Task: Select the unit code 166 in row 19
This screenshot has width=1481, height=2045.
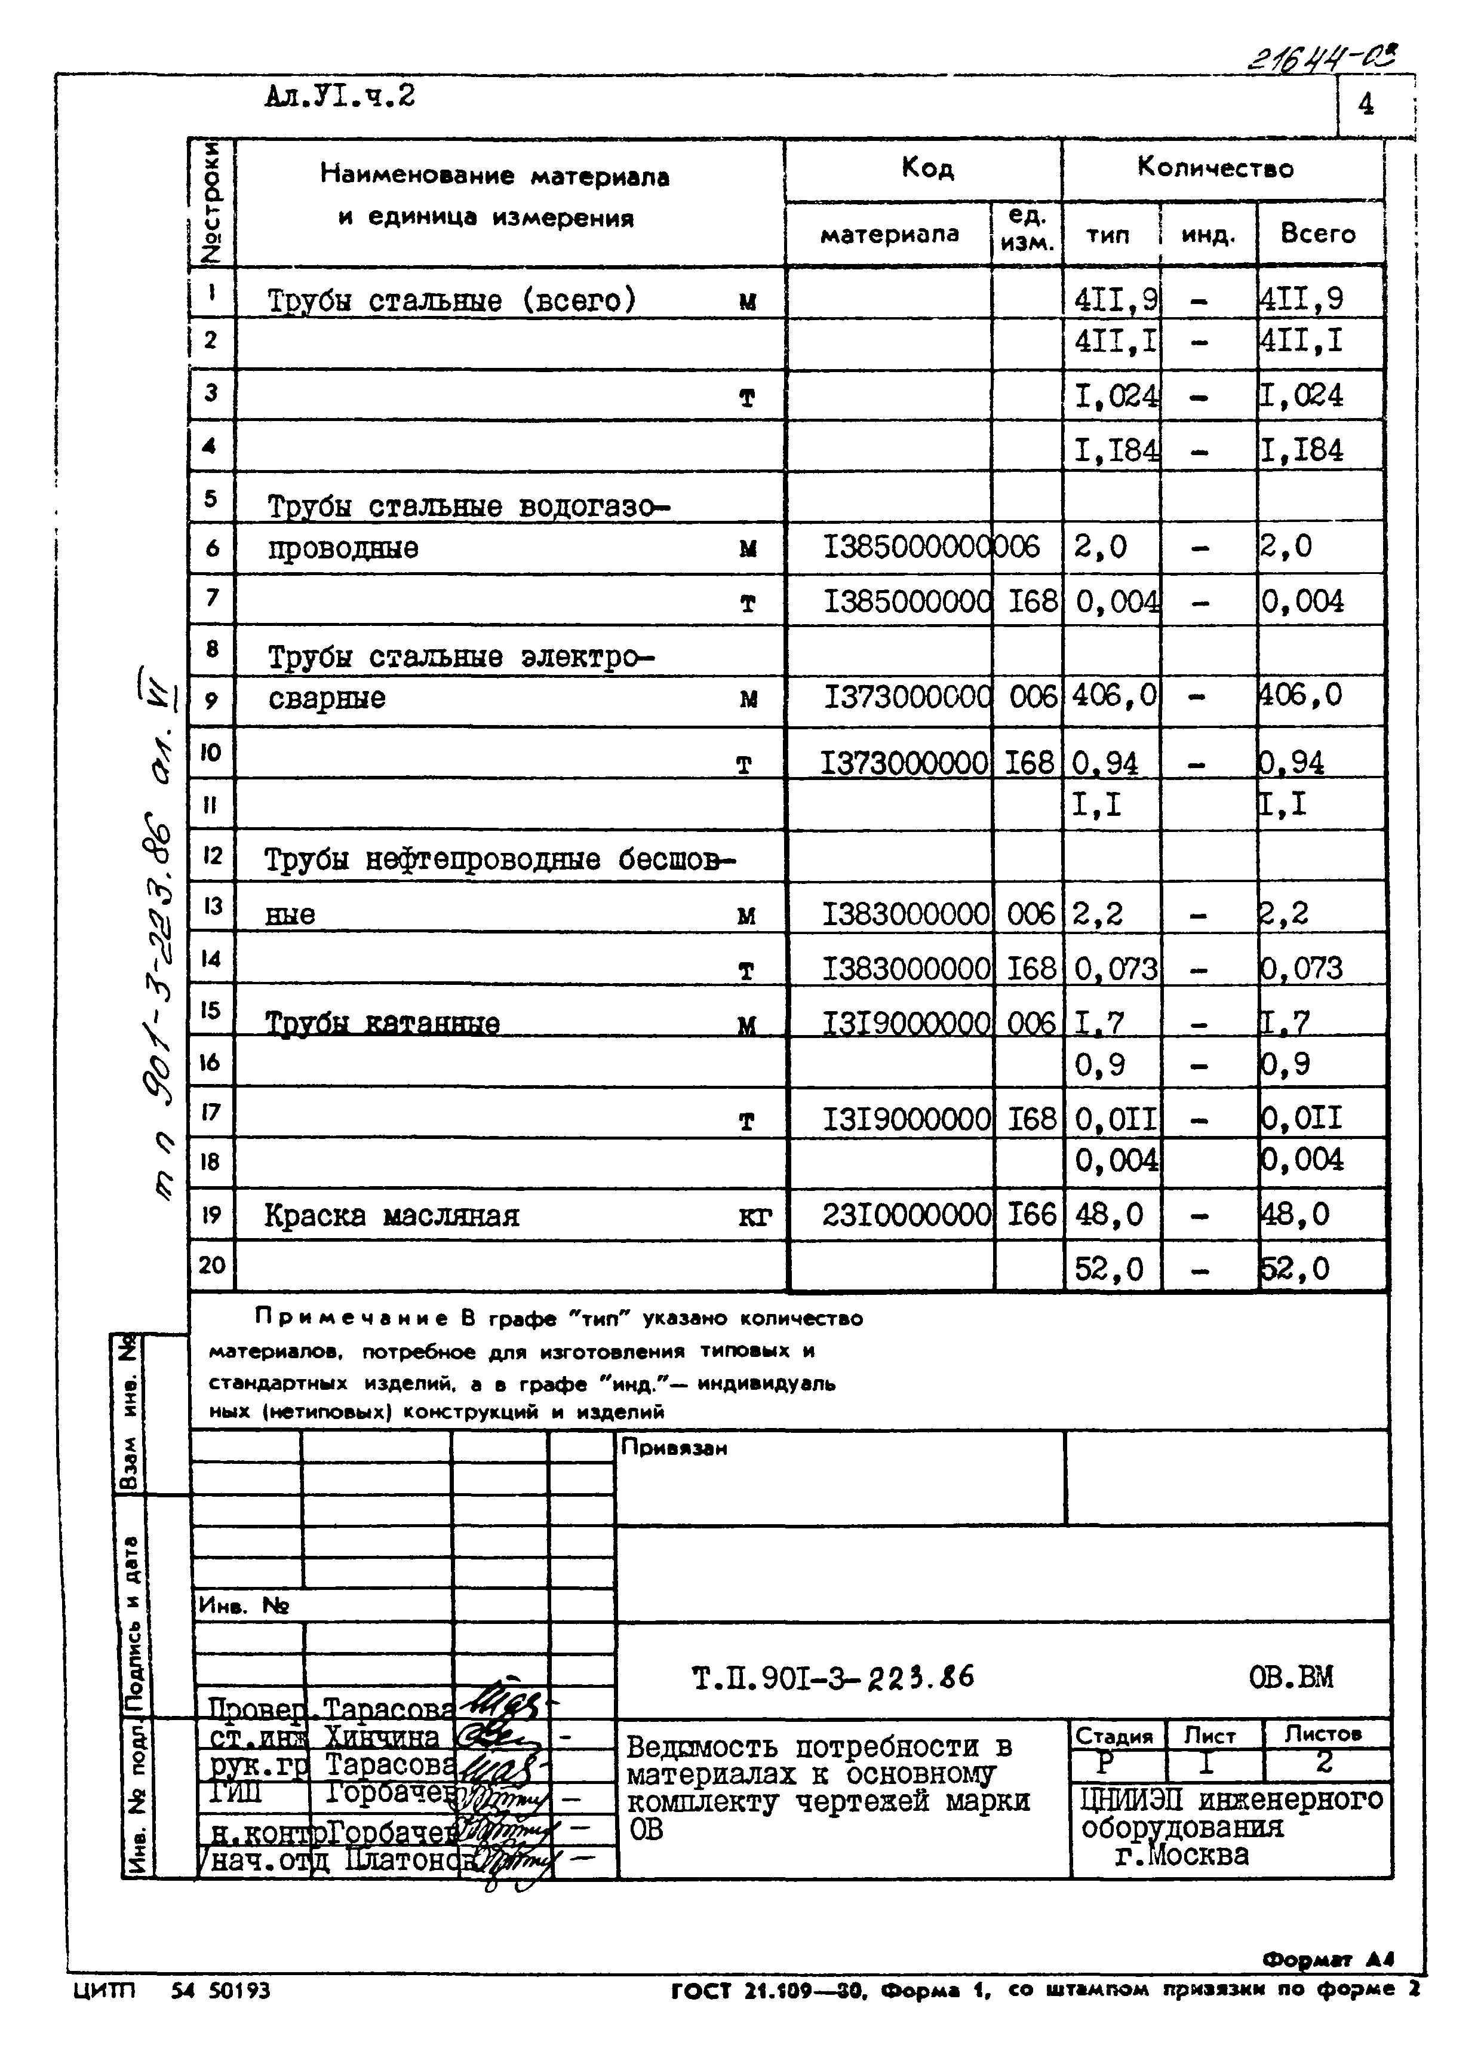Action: click(1030, 1215)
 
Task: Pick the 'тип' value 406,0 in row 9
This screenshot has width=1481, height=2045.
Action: click(1113, 695)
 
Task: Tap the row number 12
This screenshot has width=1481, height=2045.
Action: click(212, 855)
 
